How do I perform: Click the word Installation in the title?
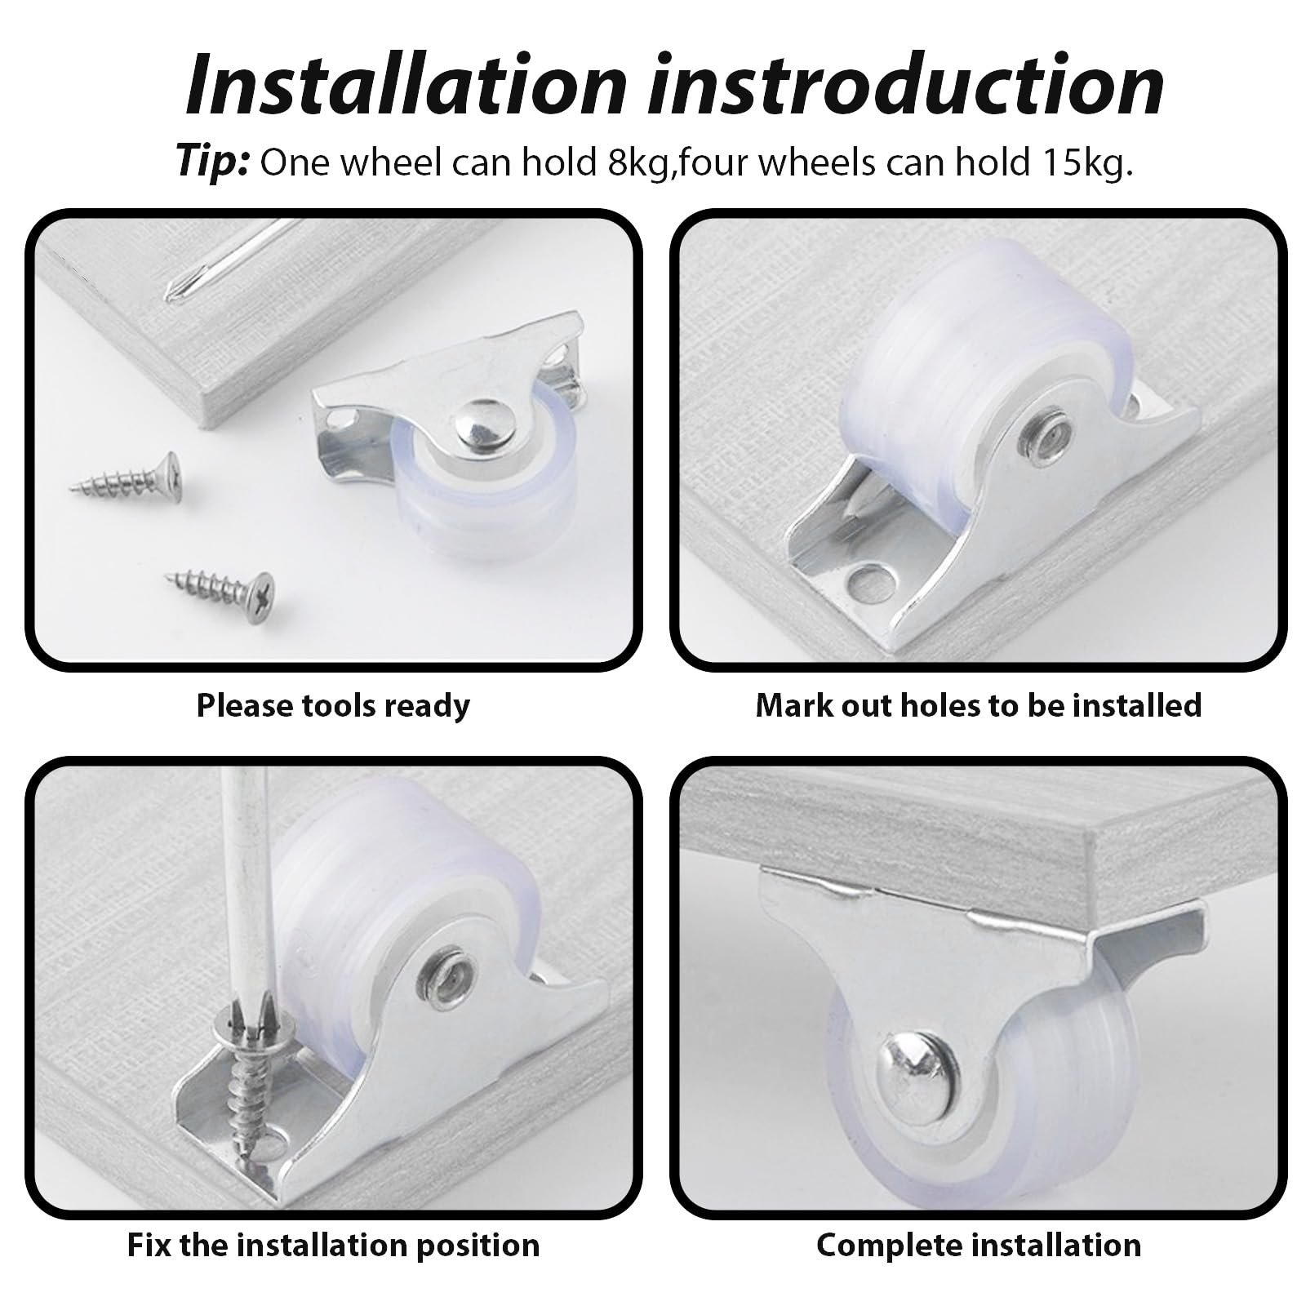(406, 85)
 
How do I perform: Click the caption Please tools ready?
(333, 705)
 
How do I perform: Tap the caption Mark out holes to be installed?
(979, 705)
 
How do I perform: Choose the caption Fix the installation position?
(333, 1245)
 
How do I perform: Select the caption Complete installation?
(979, 1245)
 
